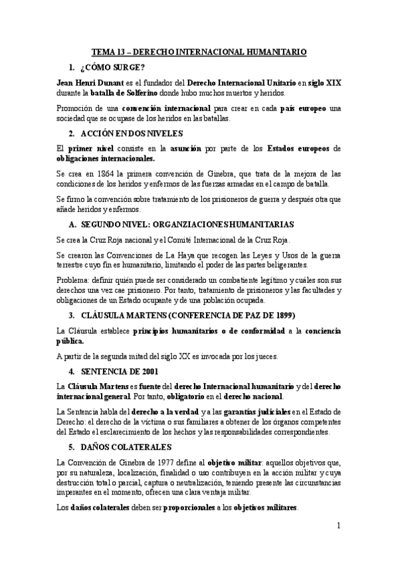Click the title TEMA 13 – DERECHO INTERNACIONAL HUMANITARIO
click(199, 50)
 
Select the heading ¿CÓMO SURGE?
click(111, 67)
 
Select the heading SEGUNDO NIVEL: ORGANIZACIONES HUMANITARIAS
click(183, 224)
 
